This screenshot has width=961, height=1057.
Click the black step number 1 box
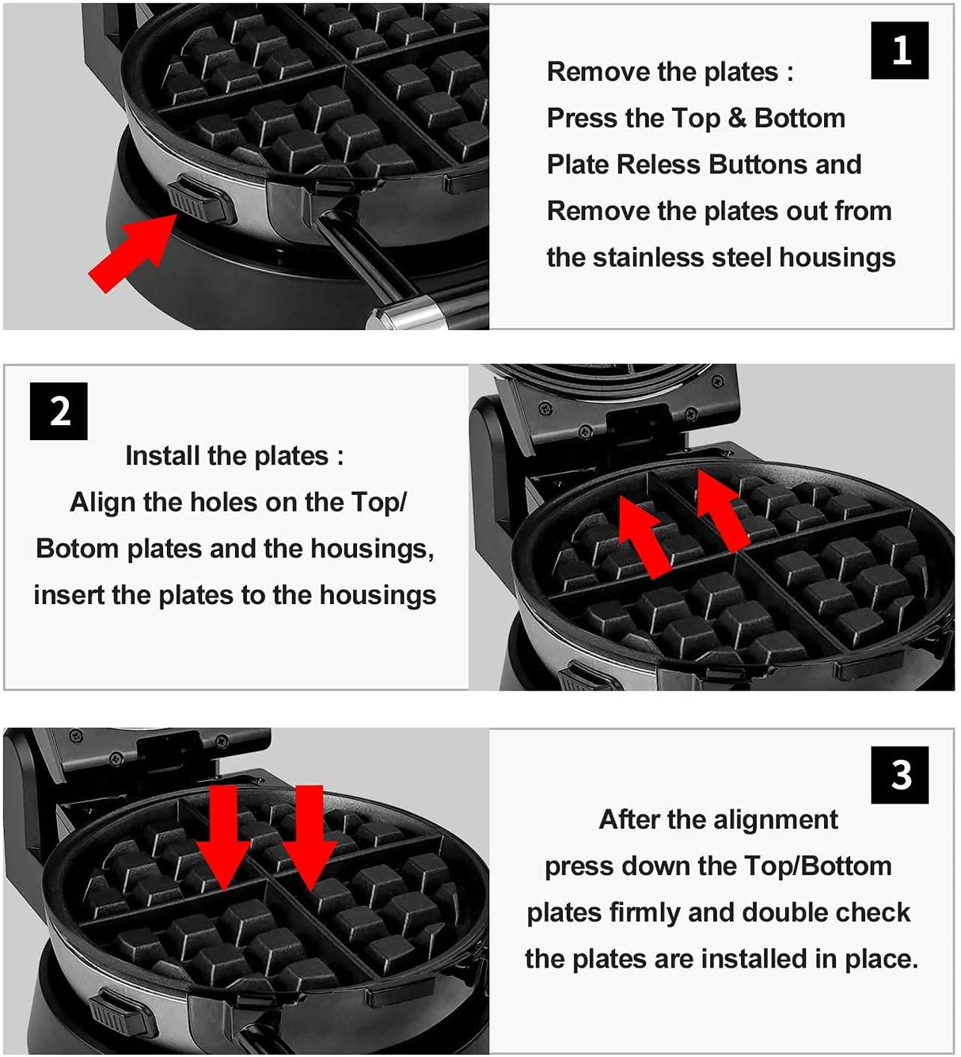click(899, 51)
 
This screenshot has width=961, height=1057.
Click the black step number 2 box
click(59, 411)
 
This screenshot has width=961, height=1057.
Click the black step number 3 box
click(899, 774)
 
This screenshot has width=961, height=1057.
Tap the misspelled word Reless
click(663, 165)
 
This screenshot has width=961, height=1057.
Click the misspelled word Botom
click(77, 549)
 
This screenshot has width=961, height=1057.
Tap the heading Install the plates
click(234, 456)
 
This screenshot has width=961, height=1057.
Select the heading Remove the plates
click(670, 72)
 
